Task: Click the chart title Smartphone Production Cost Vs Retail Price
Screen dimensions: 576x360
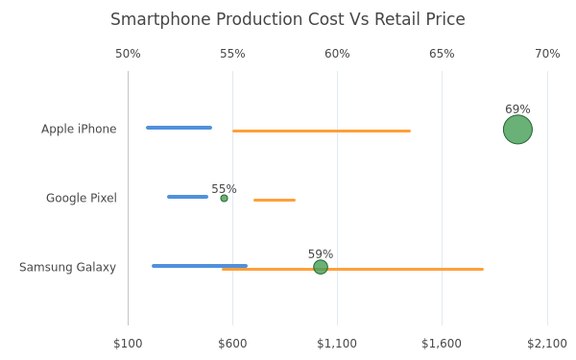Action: pyautogui.click(x=288, y=19)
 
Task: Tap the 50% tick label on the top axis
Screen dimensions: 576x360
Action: pyautogui.click(x=128, y=54)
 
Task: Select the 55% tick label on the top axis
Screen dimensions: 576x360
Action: pyautogui.click(x=232, y=54)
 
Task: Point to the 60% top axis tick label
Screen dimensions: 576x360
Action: pyautogui.click(x=337, y=54)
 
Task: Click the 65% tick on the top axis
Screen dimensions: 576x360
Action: pyautogui.click(x=442, y=54)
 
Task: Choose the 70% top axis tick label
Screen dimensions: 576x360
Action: pyautogui.click(x=547, y=54)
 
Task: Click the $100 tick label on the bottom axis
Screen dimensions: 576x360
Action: pyautogui.click(x=128, y=344)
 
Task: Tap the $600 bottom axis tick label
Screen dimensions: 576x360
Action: pyautogui.click(x=232, y=344)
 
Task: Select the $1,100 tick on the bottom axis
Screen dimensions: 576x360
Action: pyautogui.click(x=337, y=344)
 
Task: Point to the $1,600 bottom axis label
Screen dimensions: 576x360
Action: pyautogui.click(x=442, y=344)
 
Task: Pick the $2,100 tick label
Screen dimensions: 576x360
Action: pyautogui.click(x=547, y=344)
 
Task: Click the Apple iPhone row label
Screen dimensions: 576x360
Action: pyautogui.click(x=79, y=129)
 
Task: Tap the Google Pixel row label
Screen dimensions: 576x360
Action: pyautogui.click(x=82, y=198)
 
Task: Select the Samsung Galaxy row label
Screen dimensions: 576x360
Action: pyautogui.click(x=67, y=267)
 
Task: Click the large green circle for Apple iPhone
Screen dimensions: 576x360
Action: pyautogui.click(x=517, y=130)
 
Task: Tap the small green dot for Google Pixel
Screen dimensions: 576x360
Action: pyautogui.click(x=224, y=199)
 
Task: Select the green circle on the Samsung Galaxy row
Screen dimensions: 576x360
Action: pyautogui.click(x=321, y=267)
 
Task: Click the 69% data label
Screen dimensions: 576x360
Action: pyautogui.click(x=517, y=109)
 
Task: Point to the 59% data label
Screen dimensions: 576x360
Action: pyautogui.click(x=321, y=254)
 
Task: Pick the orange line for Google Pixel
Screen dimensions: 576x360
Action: pyautogui.click(x=275, y=201)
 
